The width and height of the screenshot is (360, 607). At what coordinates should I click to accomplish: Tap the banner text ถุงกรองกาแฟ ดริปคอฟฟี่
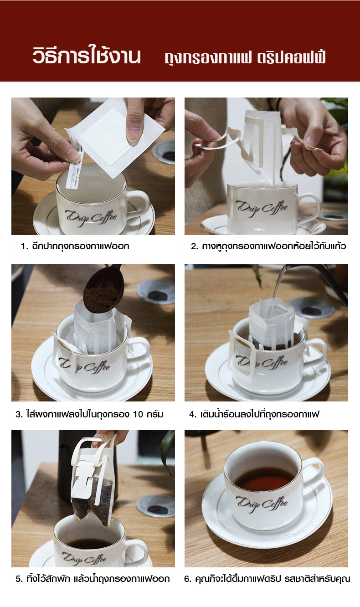coord(245,58)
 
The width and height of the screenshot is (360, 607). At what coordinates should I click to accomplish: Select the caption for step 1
coord(75,247)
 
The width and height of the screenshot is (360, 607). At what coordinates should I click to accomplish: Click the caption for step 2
coord(268,247)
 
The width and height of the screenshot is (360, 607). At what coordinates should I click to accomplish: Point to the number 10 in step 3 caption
coord(139,415)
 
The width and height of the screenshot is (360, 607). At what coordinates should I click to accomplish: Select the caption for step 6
coord(267,579)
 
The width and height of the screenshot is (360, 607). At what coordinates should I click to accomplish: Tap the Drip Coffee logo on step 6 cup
coord(262,503)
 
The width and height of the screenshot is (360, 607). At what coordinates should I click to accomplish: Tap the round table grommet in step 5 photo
coord(155,506)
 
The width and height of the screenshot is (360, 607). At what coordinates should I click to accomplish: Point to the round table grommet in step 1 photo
coord(165,152)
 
